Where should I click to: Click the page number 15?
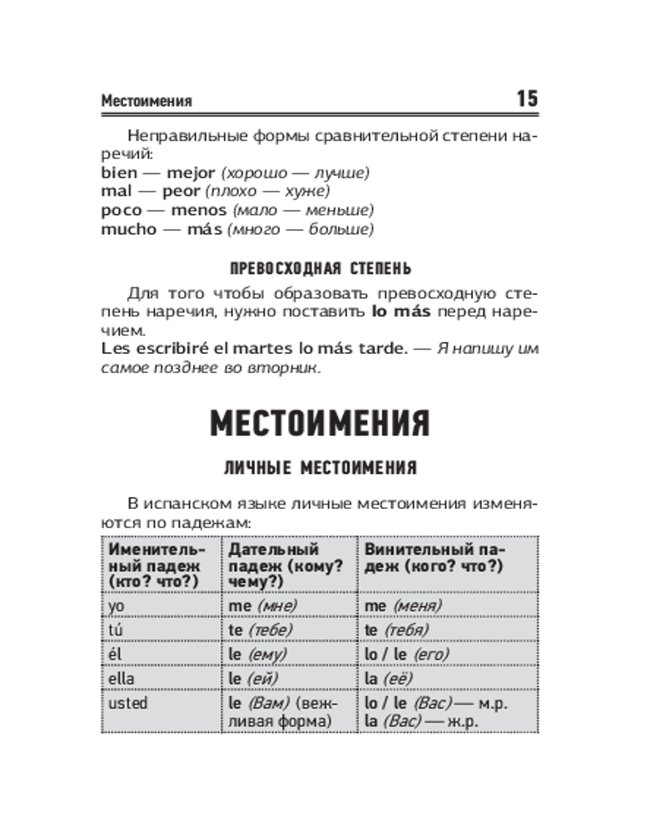pos(527,99)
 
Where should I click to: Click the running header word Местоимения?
pos(147,102)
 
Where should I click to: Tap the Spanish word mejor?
pos(191,173)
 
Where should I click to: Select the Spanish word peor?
pos(181,192)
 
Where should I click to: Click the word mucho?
pos(128,229)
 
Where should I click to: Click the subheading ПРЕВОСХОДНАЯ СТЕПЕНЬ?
pos(320,269)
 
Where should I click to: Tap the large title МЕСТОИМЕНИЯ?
pos(320,422)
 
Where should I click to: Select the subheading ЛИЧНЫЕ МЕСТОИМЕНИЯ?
pos(320,469)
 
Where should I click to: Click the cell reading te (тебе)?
pos(261,630)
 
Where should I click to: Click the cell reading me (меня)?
pos(403,606)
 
